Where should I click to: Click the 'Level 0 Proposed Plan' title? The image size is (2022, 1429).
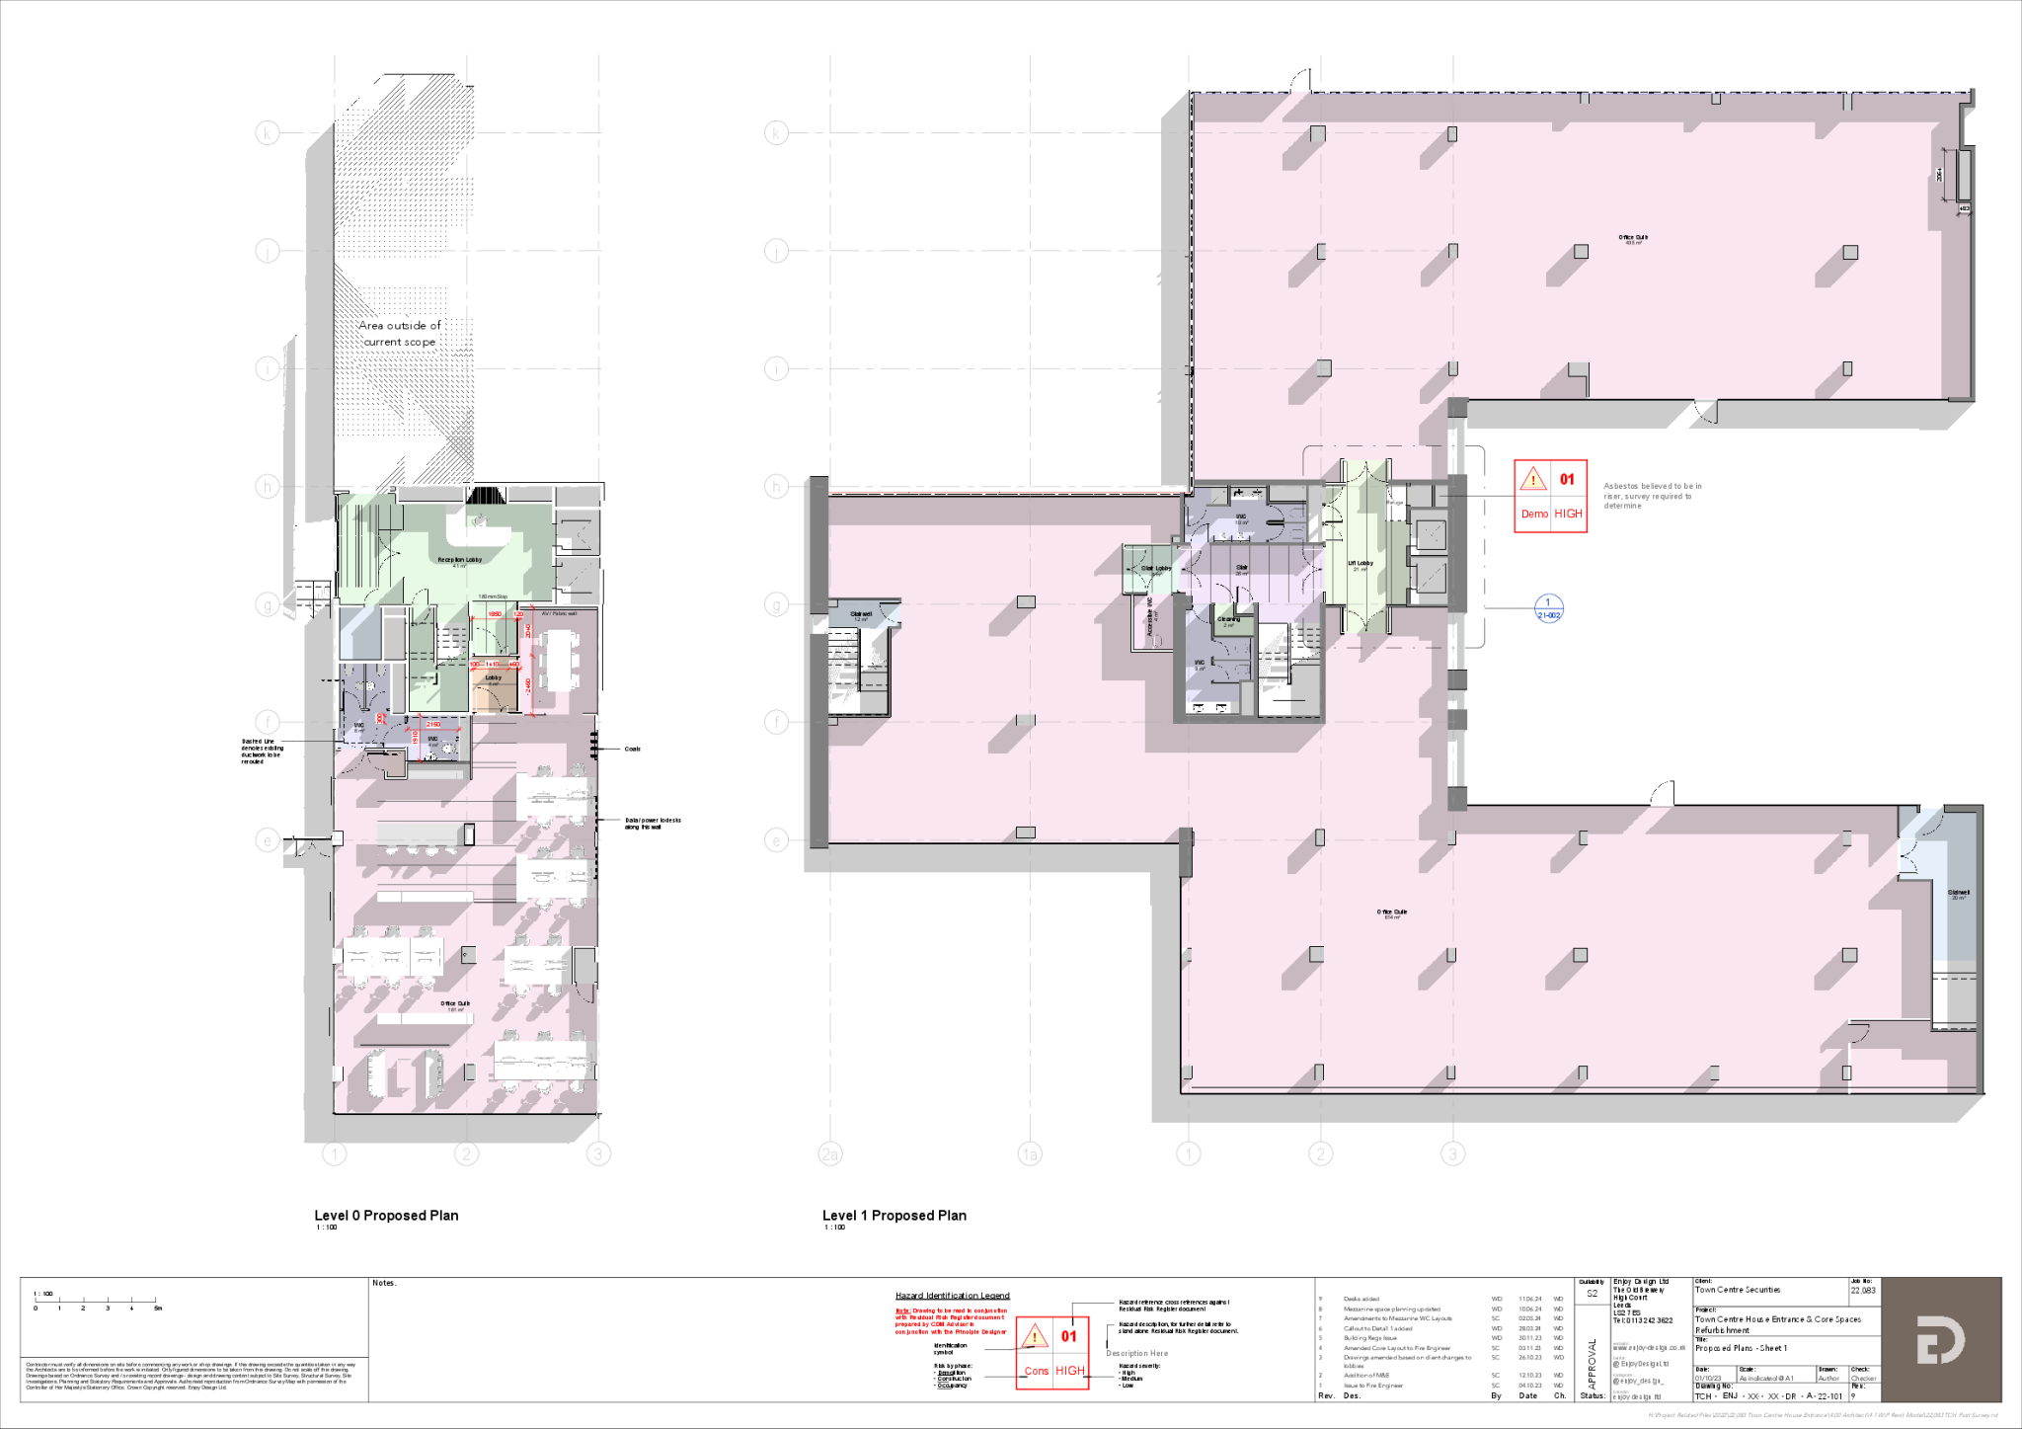[386, 1215]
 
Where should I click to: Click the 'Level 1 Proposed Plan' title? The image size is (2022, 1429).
[894, 1215]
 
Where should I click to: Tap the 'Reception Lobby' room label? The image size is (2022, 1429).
[460, 560]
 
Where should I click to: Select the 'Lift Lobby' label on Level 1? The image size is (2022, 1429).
[1361, 564]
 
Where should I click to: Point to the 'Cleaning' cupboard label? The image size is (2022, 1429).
[1228, 620]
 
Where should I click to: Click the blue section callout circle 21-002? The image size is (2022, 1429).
[1548, 608]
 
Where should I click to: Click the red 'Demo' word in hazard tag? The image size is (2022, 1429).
[1534, 514]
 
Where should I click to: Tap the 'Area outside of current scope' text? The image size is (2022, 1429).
[399, 333]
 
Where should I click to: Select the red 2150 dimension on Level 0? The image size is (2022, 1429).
[432, 725]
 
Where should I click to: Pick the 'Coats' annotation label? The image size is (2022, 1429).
[632, 749]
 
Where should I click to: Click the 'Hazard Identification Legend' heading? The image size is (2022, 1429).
[952, 1296]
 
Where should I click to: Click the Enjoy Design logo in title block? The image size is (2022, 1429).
[1940, 1339]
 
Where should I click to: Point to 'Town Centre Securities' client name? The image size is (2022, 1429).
[1738, 1290]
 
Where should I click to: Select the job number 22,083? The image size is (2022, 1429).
[1862, 1290]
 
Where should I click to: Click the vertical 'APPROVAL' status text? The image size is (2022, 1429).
[1592, 1364]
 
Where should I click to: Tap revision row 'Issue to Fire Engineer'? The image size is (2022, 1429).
[1372, 1386]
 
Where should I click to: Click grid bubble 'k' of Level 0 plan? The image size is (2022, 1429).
[268, 133]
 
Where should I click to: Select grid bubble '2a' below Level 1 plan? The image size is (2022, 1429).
[830, 1153]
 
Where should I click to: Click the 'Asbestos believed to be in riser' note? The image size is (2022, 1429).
[1652, 495]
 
